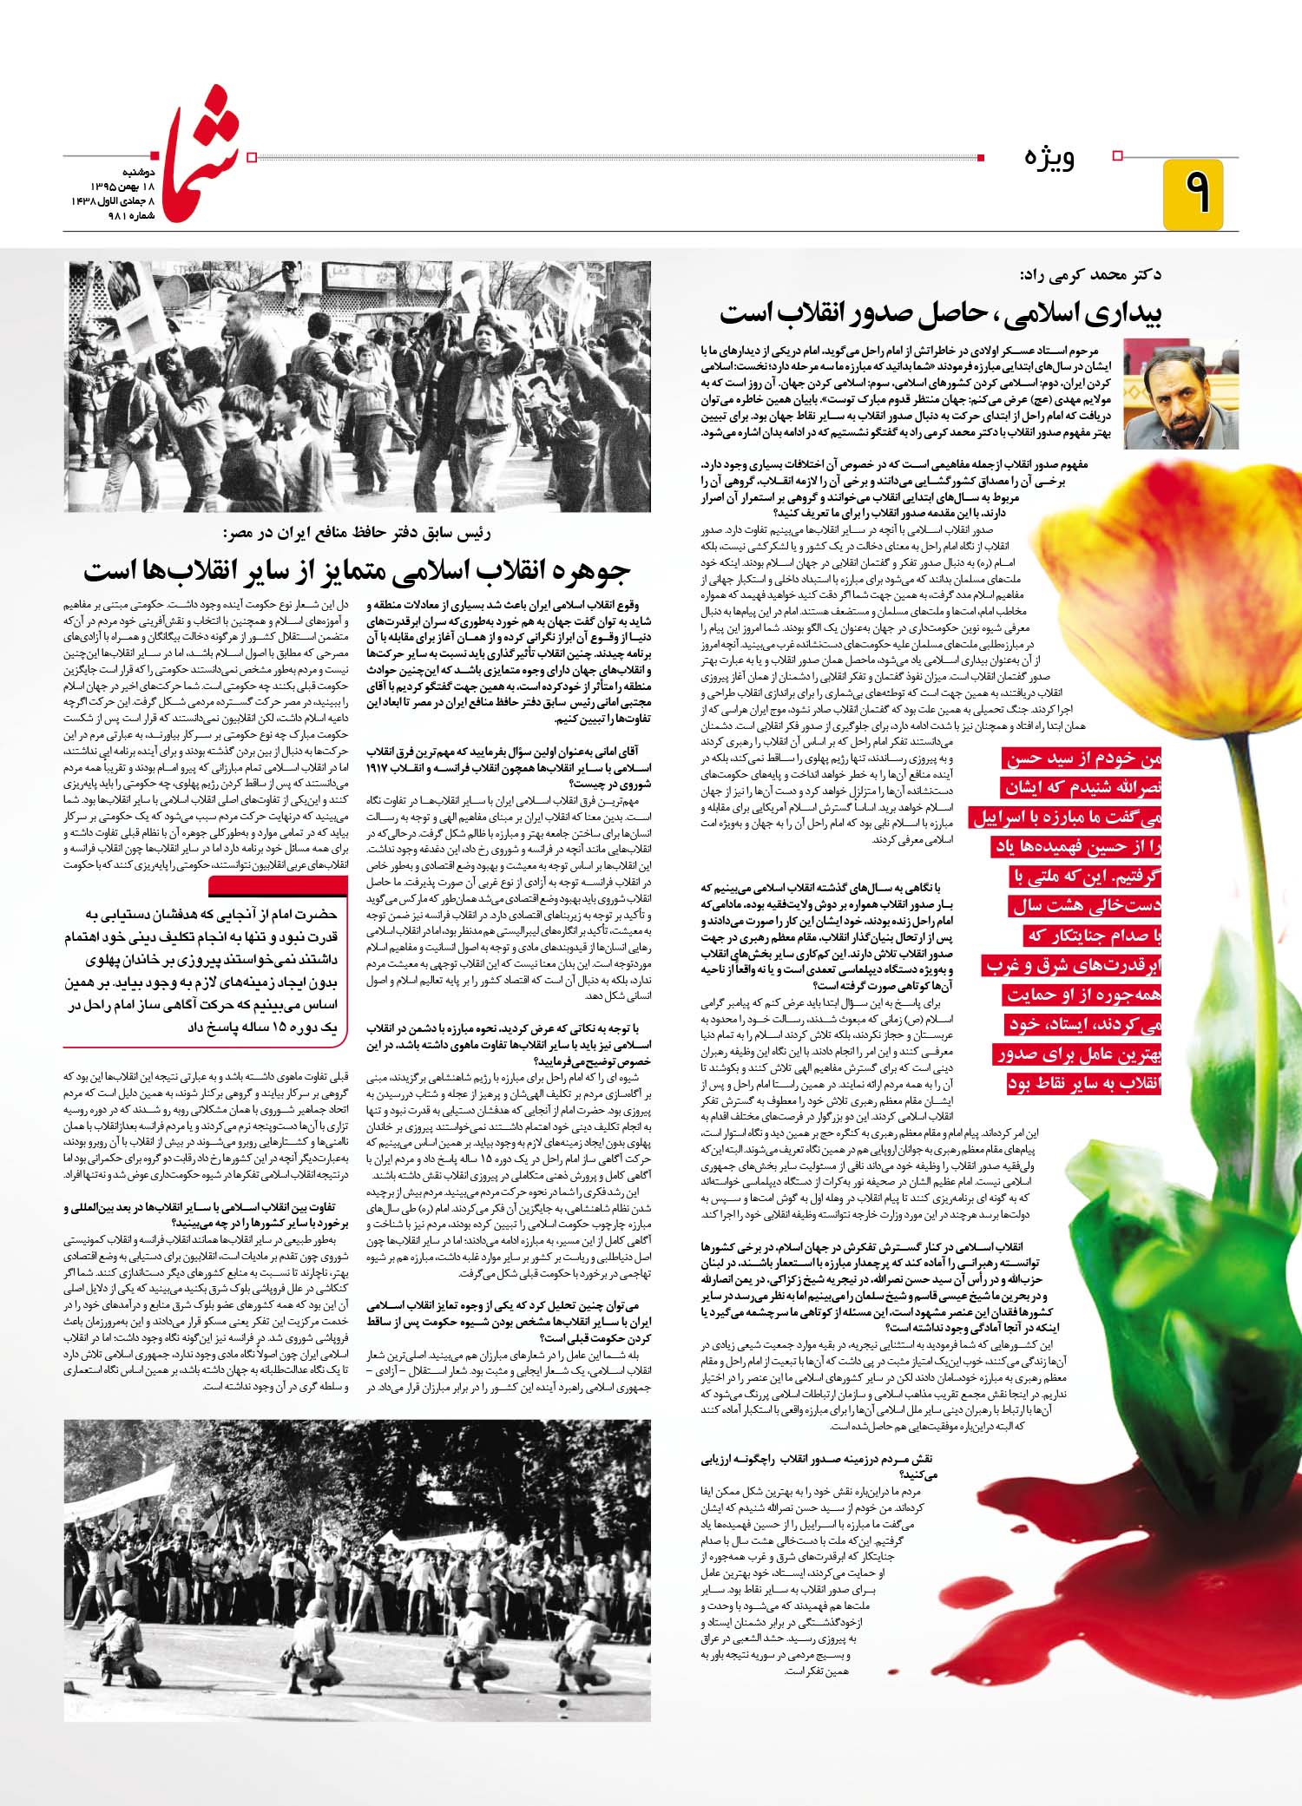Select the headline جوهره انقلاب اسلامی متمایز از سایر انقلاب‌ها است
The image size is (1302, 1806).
(358, 570)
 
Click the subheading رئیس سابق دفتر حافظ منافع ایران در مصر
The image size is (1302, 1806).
(356, 533)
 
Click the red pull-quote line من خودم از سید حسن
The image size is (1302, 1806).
(1082, 759)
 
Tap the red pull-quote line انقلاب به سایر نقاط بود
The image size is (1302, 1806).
(1084, 1084)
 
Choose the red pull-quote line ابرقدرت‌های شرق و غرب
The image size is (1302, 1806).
(1074, 966)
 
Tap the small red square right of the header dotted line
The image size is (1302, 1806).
(981, 157)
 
